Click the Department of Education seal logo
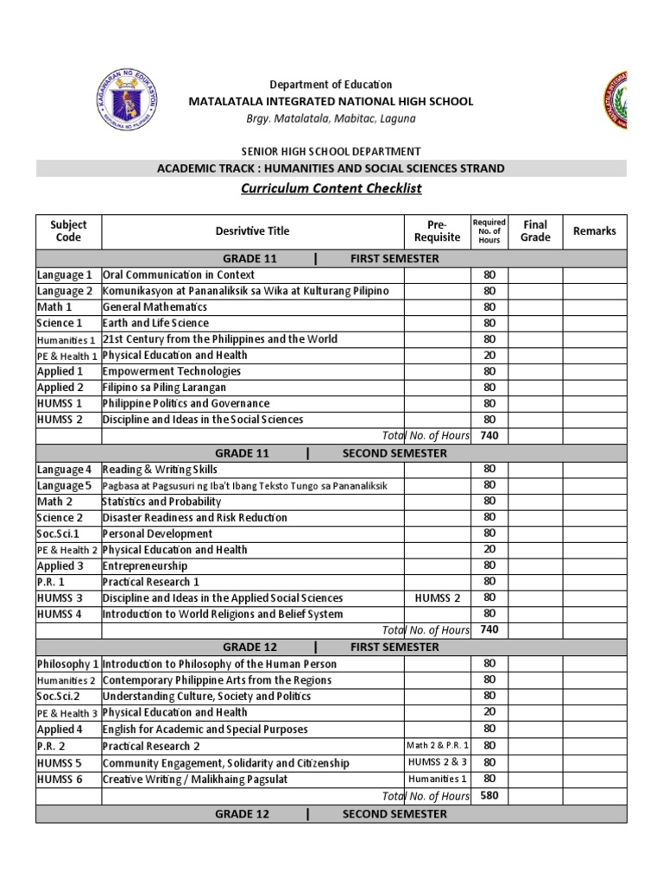(x=126, y=102)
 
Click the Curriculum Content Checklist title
(x=331, y=188)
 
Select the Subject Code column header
(x=68, y=230)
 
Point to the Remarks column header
(x=594, y=230)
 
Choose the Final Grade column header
(x=535, y=230)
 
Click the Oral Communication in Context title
(x=179, y=275)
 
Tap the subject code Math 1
(x=54, y=306)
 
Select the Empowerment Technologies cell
(x=172, y=371)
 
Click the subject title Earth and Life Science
(x=156, y=323)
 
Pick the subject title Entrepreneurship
(x=145, y=565)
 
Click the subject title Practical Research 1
(x=151, y=582)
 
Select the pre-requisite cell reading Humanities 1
(x=438, y=779)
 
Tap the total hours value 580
(x=489, y=795)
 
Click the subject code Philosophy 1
(x=68, y=664)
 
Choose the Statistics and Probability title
(x=162, y=501)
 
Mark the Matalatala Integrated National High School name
(x=331, y=101)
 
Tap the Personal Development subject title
(x=158, y=534)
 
